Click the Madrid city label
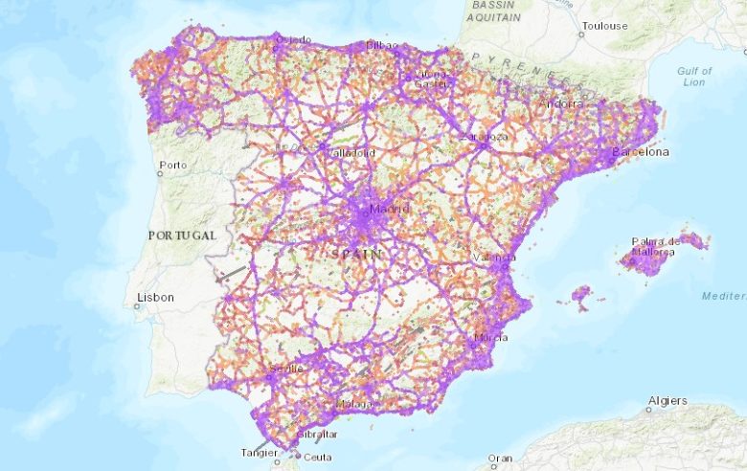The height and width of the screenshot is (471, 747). click(389, 210)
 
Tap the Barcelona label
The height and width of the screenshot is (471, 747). click(641, 152)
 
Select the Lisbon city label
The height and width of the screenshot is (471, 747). click(155, 298)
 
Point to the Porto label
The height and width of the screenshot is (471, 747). click(174, 166)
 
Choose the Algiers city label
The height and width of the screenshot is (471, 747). click(668, 400)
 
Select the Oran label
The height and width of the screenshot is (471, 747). click(500, 459)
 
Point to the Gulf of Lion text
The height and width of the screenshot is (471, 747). click(694, 77)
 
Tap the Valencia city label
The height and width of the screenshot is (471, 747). click(495, 258)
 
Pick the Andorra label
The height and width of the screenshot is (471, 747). click(562, 103)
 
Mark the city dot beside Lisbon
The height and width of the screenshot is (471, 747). click(137, 306)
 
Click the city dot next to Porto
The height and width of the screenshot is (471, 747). click(160, 174)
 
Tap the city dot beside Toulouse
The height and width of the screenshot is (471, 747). click(580, 34)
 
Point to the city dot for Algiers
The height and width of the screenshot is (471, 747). click(648, 409)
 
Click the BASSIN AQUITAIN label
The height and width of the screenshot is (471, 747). click(495, 11)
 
